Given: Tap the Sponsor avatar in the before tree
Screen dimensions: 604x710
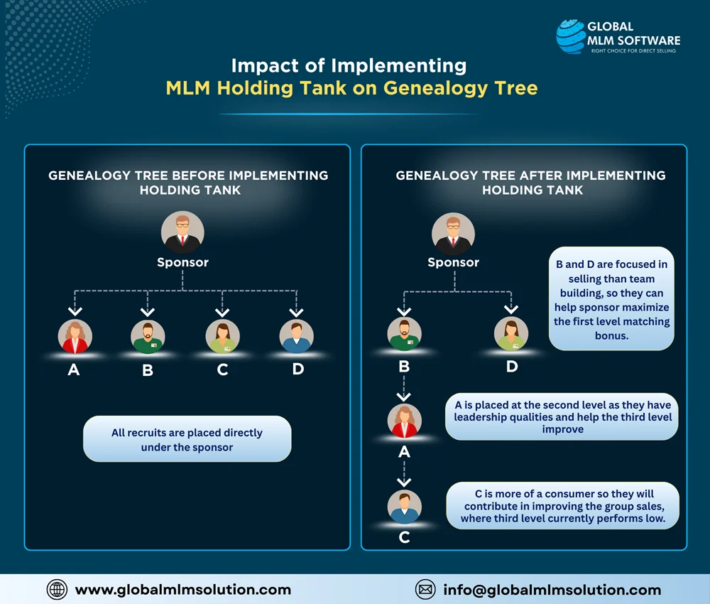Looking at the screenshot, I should [x=182, y=233].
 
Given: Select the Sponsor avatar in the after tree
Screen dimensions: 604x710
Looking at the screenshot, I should [x=453, y=233].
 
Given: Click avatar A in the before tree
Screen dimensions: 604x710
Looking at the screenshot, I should [x=73, y=336].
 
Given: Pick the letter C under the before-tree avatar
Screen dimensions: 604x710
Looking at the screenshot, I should [x=222, y=370].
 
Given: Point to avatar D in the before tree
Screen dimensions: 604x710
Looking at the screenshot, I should [x=297, y=336].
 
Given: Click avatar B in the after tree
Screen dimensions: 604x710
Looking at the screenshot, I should [x=405, y=334].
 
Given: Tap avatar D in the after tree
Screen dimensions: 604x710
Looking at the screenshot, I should [x=511, y=334].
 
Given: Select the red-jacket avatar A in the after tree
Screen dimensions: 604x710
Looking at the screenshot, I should [x=405, y=420].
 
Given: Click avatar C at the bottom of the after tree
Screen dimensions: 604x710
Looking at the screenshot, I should [x=405, y=507].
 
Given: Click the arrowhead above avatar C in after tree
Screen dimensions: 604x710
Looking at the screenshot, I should [x=405, y=483].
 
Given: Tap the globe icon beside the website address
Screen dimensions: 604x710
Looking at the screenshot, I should [x=57, y=589].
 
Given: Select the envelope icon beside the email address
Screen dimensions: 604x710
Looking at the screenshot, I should [x=425, y=589].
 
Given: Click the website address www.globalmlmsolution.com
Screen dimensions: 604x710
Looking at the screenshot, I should [x=182, y=590].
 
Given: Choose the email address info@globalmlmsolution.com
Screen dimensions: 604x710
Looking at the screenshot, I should [x=552, y=590].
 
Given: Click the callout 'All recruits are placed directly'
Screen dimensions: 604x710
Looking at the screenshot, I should [x=187, y=440].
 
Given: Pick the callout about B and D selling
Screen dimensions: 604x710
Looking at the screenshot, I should [x=611, y=299].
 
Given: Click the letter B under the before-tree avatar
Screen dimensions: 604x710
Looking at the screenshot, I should [x=148, y=370].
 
